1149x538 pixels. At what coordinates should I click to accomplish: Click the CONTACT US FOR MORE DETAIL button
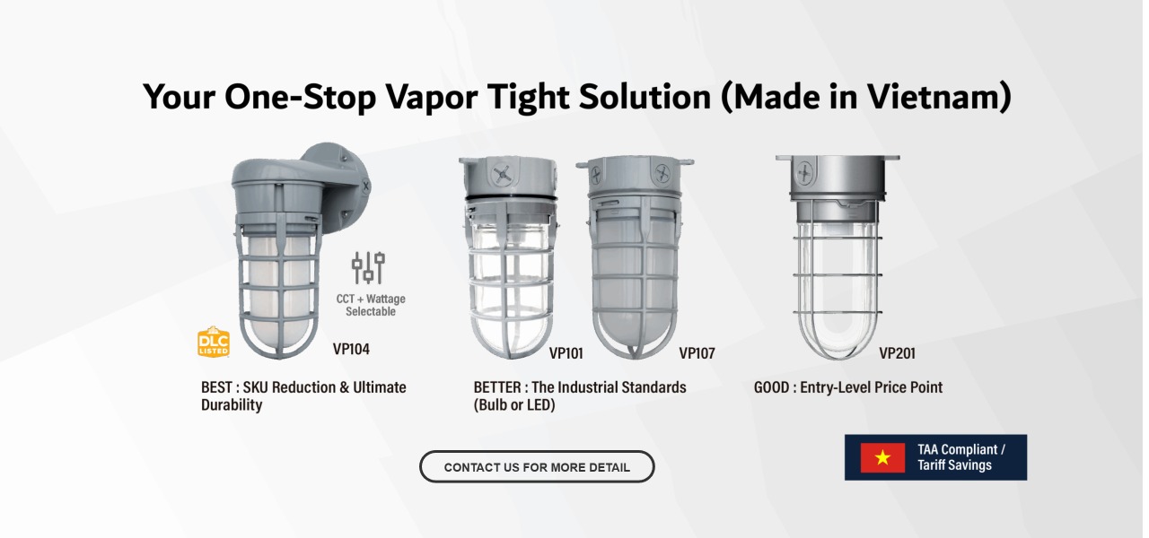537,466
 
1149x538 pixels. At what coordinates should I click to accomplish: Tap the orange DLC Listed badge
214,342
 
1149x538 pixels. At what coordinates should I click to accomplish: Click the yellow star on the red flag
882,457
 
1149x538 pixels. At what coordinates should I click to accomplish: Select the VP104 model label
351,349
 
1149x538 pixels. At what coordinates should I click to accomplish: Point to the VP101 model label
566,353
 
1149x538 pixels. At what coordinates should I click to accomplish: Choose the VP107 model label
697,353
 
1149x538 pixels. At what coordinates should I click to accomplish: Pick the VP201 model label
897,353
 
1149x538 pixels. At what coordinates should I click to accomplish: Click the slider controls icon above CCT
368,267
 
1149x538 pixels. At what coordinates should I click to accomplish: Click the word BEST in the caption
217,387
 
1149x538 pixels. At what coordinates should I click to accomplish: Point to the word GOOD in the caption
771,387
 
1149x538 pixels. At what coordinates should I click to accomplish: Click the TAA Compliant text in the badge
957,449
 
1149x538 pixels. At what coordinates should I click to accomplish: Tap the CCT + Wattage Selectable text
371,305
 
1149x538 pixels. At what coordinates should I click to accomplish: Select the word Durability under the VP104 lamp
232,404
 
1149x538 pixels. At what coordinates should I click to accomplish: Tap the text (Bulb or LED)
514,404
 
